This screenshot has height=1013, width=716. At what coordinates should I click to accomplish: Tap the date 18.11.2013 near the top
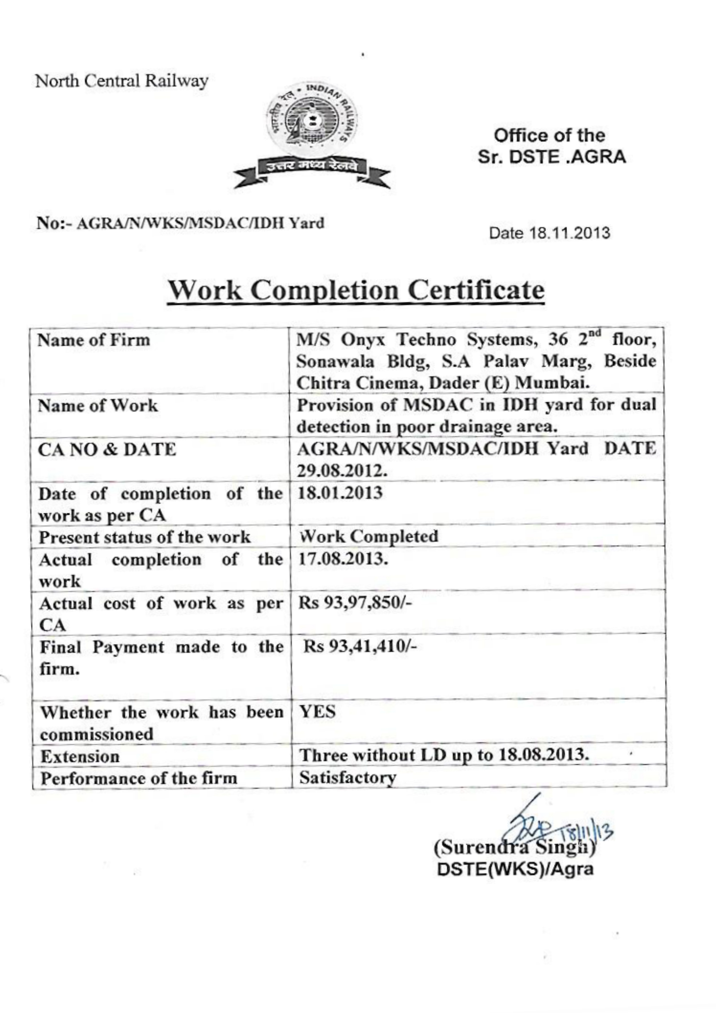click(550, 232)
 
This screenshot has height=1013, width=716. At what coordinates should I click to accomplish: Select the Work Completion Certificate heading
click(356, 291)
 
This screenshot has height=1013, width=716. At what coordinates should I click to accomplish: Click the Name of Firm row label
click(94, 340)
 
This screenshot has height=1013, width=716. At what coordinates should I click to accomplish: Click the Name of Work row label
click(98, 405)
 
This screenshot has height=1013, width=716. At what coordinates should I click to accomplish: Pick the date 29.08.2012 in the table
click(342, 471)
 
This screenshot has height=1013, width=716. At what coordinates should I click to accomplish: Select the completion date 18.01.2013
click(340, 493)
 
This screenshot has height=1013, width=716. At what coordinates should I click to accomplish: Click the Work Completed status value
click(369, 536)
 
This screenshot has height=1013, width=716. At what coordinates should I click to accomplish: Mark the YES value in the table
click(318, 712)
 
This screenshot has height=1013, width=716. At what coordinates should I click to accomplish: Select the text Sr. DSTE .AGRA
click(552, 157)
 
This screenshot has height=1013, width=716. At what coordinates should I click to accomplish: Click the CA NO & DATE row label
click(107, 450)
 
